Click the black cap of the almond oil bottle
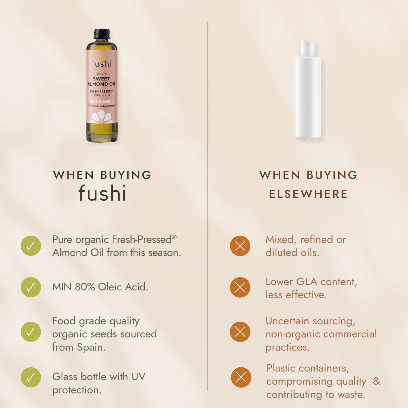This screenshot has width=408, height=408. click(102, 34)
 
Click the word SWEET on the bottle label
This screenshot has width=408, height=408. click(102, 79)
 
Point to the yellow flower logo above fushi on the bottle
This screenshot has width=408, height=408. click(102, 57)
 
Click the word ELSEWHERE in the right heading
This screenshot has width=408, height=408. click(308, 194)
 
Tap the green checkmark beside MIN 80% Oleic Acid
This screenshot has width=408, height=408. click(31, 287)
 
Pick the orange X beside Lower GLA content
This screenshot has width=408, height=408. click(240, 287)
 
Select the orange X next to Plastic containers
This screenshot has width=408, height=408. click(241, 377)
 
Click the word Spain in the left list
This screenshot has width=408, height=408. click(91, 348)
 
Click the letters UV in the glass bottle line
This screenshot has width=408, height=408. click(139, 377)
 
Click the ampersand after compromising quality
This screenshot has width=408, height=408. click(376, 381)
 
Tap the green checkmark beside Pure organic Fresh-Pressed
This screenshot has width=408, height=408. click(31, 246)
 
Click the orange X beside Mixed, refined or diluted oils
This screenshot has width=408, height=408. click(240, 246)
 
